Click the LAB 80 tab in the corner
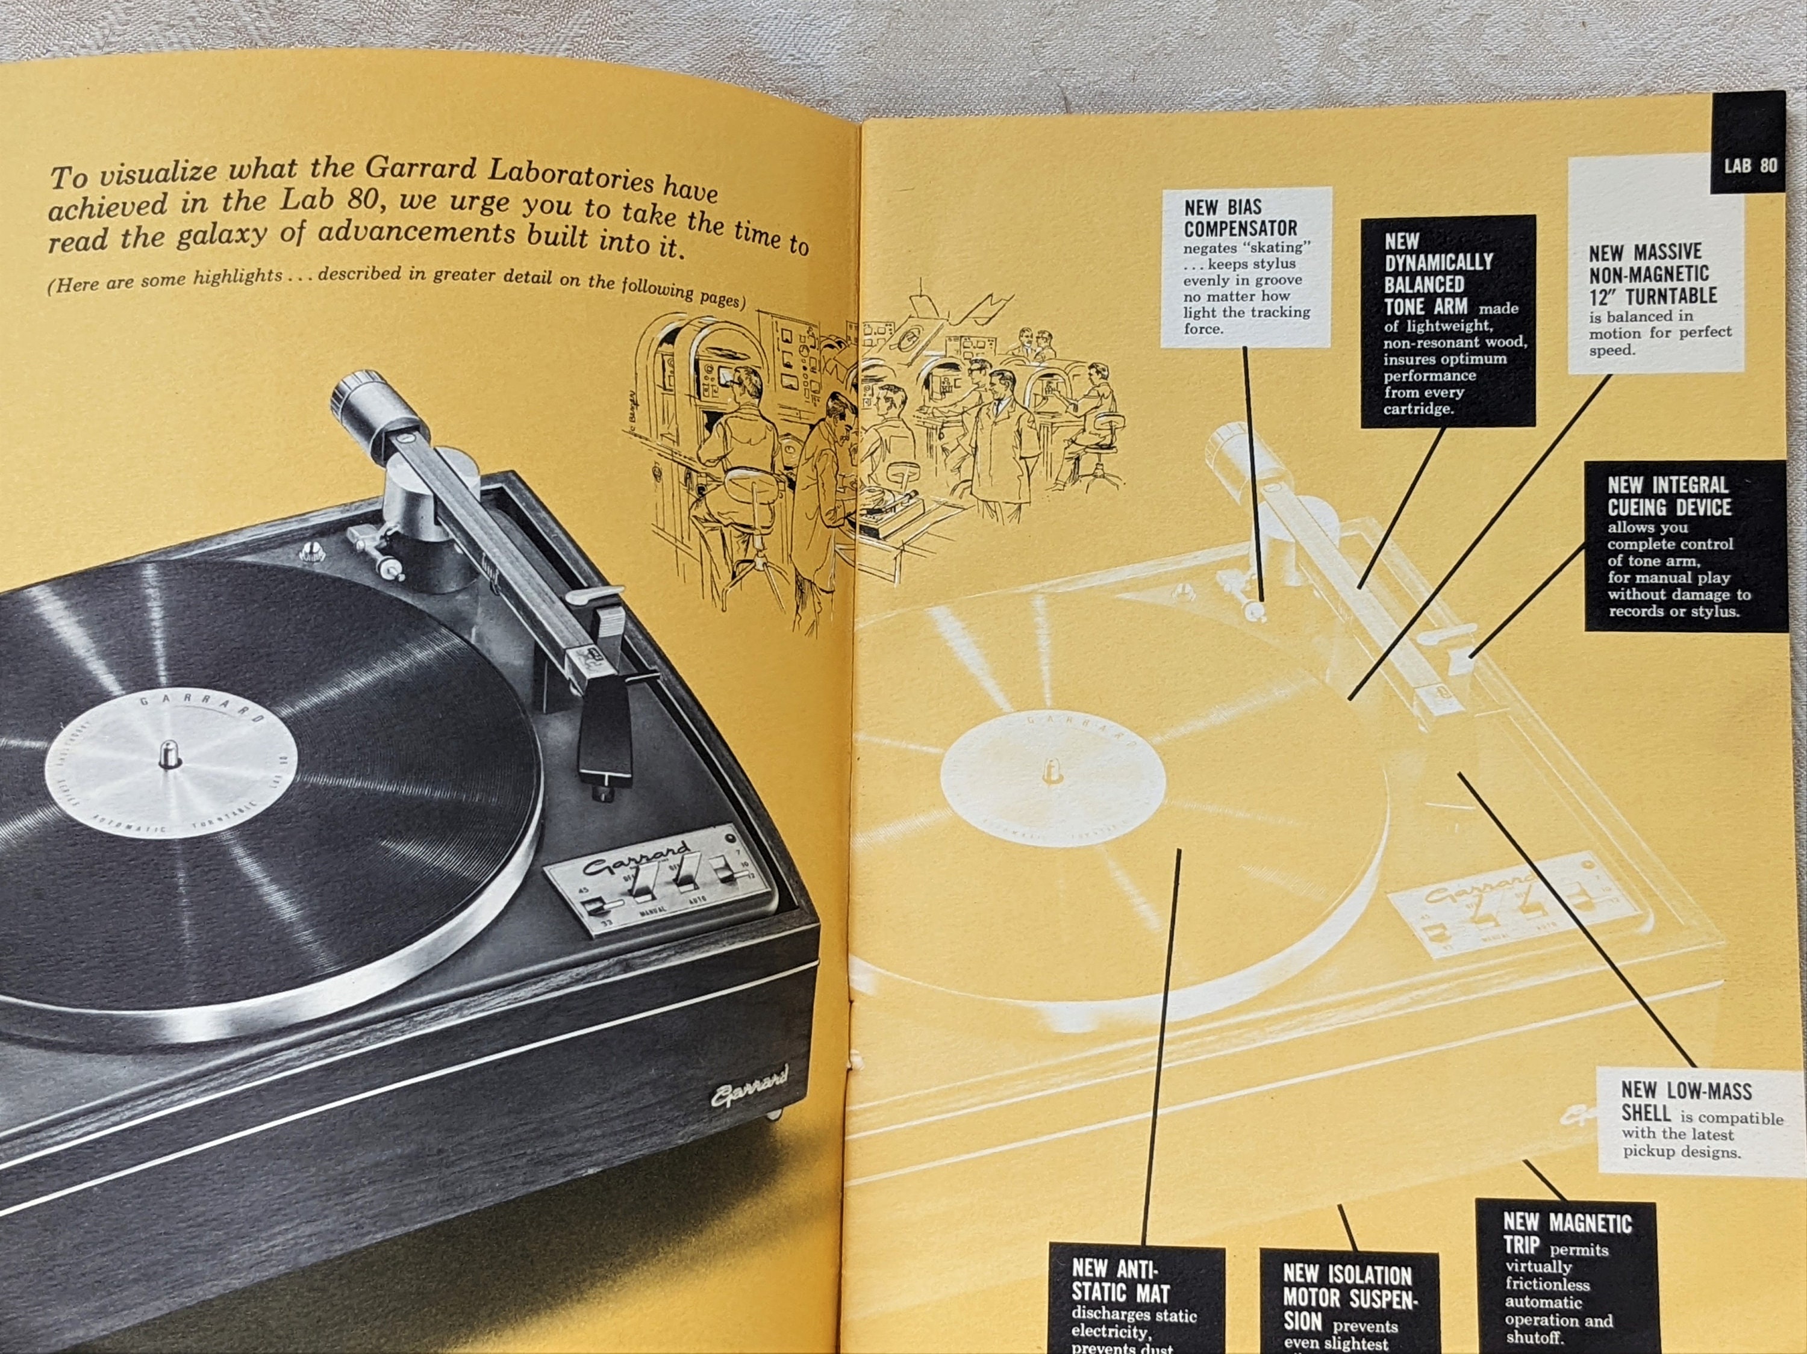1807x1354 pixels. click(x=1750, y=165)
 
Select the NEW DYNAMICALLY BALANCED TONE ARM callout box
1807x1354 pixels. click(x=1447, y=321)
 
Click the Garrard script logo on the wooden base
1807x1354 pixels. click(x=748, y=1084)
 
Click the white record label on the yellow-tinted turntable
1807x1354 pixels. click(x=1052, y=772)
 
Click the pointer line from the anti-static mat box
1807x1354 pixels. click(x=1160, y=1045)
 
